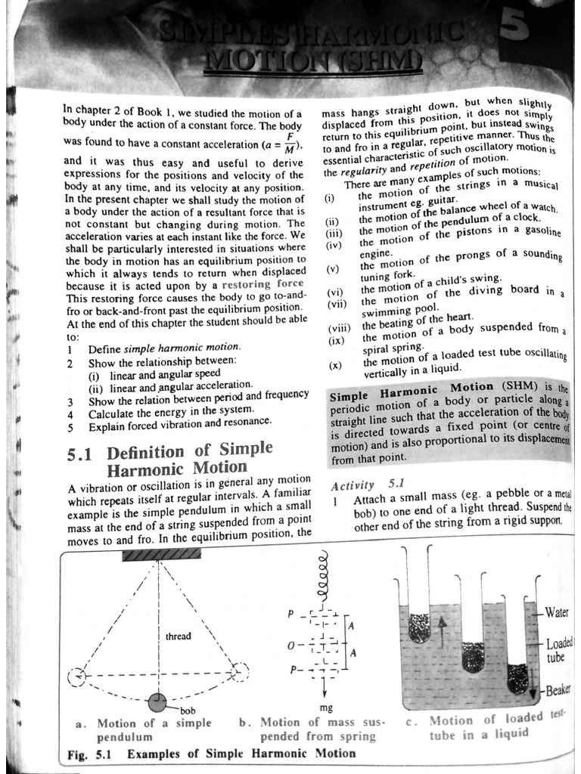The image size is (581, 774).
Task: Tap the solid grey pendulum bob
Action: pos(158,702)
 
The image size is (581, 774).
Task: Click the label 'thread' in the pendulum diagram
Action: pos(179,636)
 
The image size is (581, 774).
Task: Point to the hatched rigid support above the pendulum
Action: pos(161,554)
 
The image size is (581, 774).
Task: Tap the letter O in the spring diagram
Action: pos(290,647)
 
